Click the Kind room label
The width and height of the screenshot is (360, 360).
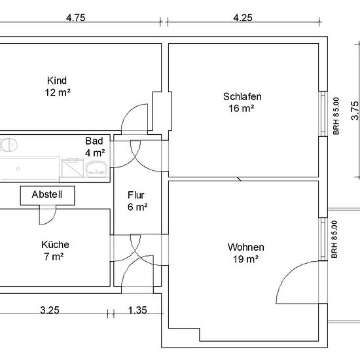[x=57, y=81]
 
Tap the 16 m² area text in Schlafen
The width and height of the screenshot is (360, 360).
[x=241, y=108]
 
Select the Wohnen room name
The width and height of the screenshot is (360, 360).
[x=246, y=247]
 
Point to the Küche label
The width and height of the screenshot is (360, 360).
[x=55, y=245]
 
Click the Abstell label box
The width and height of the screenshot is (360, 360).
[x=47, y=196]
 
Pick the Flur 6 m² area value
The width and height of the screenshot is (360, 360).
[x=137, y=207]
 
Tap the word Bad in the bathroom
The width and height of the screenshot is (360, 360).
[x=94, y=141]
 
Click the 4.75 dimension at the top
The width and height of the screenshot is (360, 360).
[x=75, y=18]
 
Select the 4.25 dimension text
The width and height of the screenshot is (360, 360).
[x=243, y=18]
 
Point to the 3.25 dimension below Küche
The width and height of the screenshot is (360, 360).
[x=50, y=310]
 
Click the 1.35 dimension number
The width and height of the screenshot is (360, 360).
[x=137, y=310]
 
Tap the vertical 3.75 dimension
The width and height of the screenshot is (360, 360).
[x=355, y=111]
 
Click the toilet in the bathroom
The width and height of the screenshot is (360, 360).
[x=9, y=145]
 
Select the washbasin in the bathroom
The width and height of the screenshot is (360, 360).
[x=96, y=169]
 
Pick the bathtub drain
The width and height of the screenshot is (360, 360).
[x=18, y=169]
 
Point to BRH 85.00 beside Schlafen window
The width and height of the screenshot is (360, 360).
[x=336, y=116]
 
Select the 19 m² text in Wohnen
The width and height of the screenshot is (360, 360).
[x=245, y=259]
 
